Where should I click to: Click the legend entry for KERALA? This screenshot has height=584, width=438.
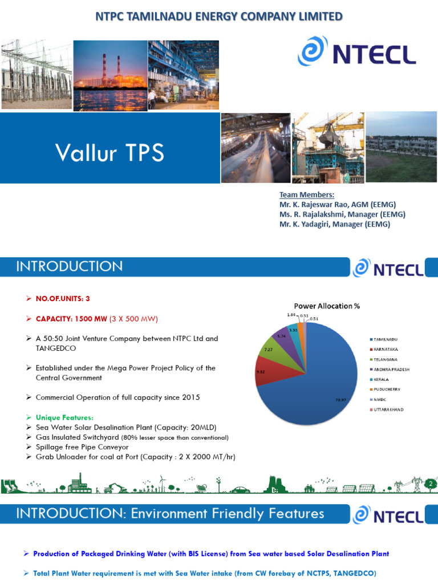pyautogui.click(x=383, y=380)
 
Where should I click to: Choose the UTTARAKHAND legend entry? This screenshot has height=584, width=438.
pyautogui.click(x=389, y=410)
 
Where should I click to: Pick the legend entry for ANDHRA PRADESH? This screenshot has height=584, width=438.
pyautogui.click(x=392, y=370)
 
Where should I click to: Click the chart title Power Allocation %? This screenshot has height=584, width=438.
pyautogui.click(x=327, y=306)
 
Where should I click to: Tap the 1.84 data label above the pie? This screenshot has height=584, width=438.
pyautogui.click(x=290, y=314)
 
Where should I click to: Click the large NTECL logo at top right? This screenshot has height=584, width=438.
pyautogui.click(x=356, y=55)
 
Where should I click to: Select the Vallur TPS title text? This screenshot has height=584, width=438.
pyautogui.click(x=109, y=152)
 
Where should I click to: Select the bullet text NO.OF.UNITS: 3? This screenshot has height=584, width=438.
pyautogui.click(x=63, y=298)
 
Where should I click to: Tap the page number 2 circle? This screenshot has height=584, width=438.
pyautogui.click(x=431, y=484)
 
